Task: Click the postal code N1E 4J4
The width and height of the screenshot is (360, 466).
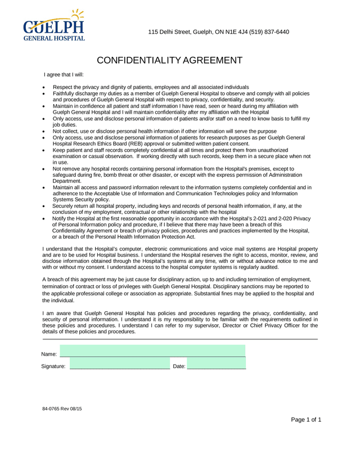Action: tap(226, 32)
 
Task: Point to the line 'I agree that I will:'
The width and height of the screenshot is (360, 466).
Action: tap(64, 74)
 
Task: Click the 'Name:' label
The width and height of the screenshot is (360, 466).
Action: tap(49, 354)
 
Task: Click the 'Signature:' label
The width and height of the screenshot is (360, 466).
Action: tap(53, 366)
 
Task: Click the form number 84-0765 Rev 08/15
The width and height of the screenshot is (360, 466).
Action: tap(62, 407)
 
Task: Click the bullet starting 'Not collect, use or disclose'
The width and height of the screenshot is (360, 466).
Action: tap(164, 131)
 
